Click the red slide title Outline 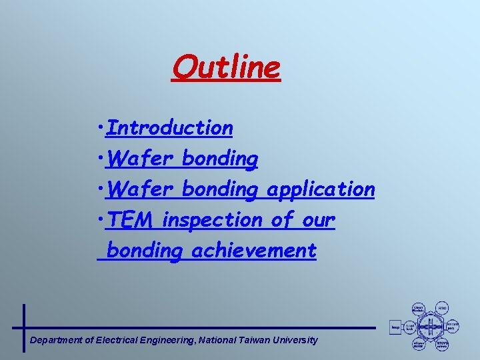point(226,67)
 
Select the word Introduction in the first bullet point(169,127)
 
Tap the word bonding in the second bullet point(219,159)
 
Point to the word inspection point(213,220)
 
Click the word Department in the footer point(57,340)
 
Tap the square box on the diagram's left point(395,327)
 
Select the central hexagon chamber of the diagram point(431,327)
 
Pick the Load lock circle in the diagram point(411,327)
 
